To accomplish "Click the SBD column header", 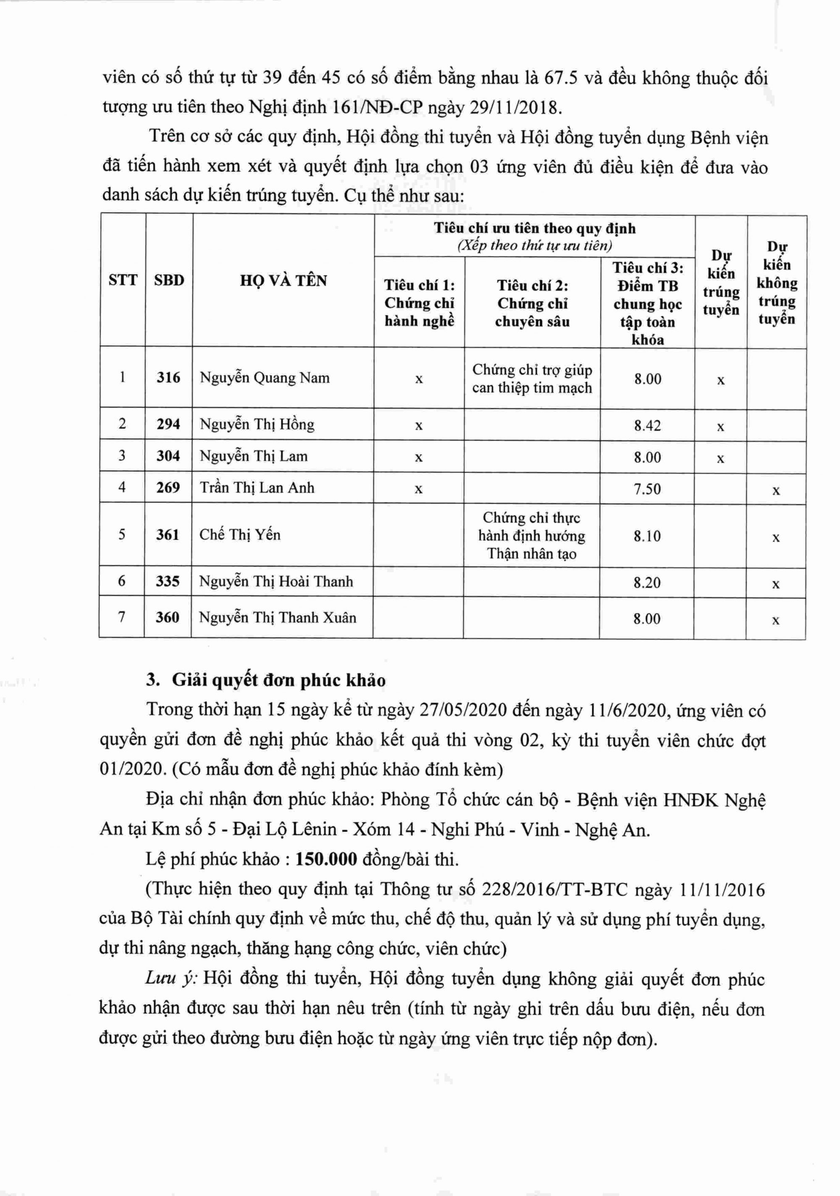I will point(169,280).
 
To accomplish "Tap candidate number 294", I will point(168,424).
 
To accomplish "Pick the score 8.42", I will point(647,426).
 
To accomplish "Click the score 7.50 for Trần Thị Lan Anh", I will point(647,489).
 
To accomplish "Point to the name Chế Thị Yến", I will point(240,534).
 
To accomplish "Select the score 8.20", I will point(647,582).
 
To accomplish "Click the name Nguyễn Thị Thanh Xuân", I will point(277,618).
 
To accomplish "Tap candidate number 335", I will point(167,581).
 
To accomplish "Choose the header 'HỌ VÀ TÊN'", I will point(283,281).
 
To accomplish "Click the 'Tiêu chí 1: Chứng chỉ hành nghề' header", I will point(419,303).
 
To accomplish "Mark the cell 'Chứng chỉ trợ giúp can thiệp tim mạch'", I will point(532,379).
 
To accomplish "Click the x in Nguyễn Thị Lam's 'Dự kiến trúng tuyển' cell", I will point(721,459).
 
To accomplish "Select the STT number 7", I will point(121,617).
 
